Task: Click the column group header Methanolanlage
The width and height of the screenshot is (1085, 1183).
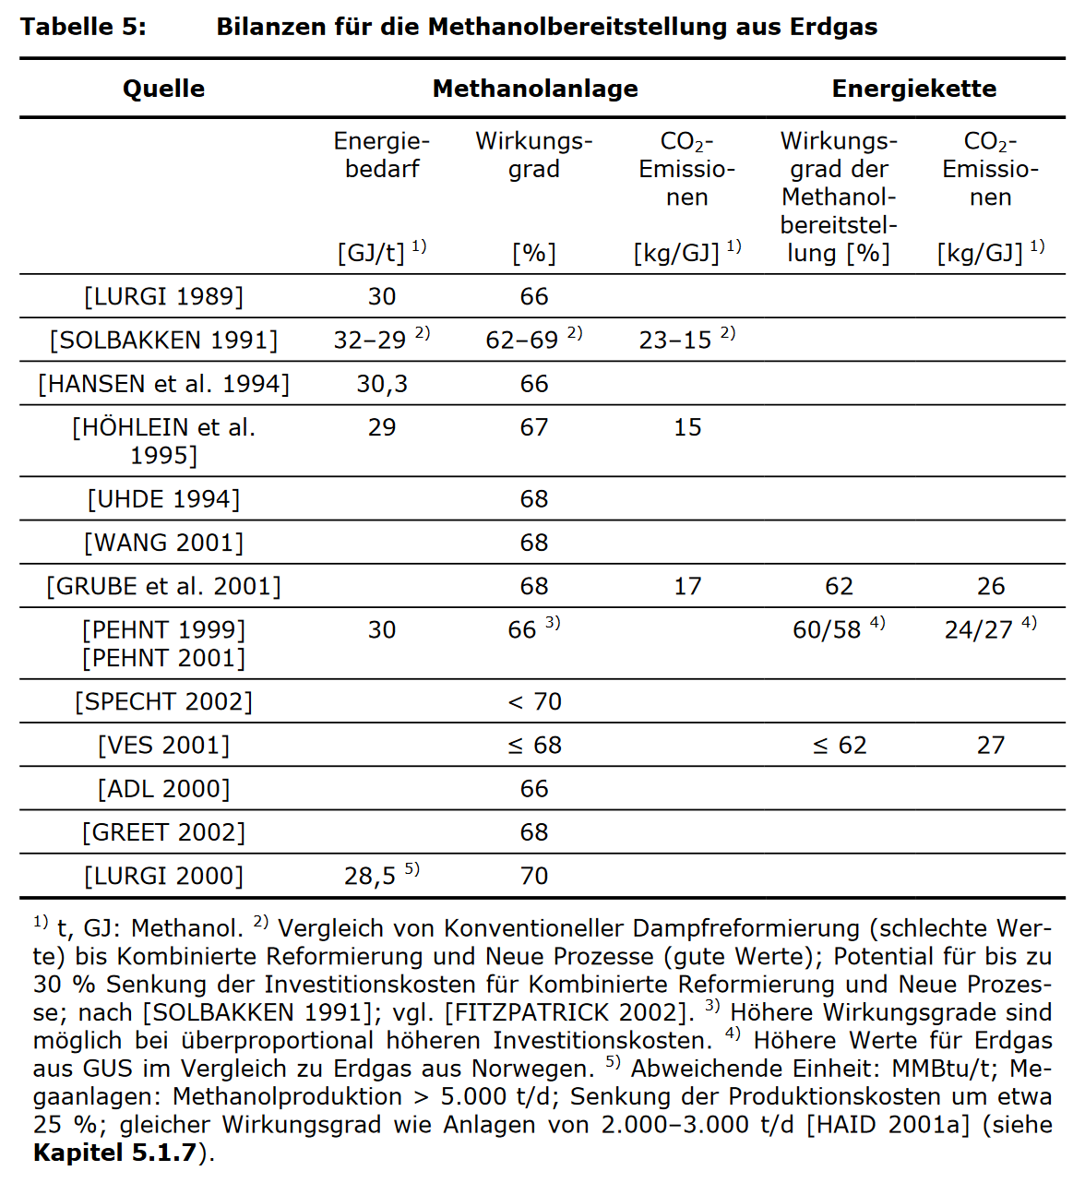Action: (535, 89)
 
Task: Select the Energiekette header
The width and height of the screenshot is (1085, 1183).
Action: (913, 89)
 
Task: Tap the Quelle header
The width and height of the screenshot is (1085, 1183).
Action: (163, 89)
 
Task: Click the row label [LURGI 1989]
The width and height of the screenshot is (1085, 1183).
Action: (163, 296)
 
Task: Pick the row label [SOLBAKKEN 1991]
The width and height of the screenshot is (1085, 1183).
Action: (163, 341)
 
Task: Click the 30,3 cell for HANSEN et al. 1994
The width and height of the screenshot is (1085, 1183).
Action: (382, 384)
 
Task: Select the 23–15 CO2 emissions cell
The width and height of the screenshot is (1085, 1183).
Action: (675, 341)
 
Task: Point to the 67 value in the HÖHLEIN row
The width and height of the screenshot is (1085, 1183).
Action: (534, 427)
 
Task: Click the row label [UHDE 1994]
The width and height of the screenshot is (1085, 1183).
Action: (163, 499)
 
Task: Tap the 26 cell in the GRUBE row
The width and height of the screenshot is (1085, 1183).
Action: (991, 586)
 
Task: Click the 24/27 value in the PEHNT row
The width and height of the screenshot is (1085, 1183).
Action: (979, 629)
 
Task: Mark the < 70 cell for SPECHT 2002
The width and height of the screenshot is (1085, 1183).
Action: (534, 701)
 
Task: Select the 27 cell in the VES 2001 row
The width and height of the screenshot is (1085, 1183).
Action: (991, 745)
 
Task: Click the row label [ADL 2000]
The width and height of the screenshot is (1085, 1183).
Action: (163, 789)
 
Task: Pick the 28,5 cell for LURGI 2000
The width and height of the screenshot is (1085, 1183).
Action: (370, 876)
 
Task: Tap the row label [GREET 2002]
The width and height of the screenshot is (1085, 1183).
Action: (163, 832)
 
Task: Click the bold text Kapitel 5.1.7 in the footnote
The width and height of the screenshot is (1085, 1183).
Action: (114, 1153)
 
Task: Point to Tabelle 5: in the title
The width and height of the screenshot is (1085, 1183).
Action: (83, 27)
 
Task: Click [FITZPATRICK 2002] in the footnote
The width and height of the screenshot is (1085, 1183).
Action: (566, 1012)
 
